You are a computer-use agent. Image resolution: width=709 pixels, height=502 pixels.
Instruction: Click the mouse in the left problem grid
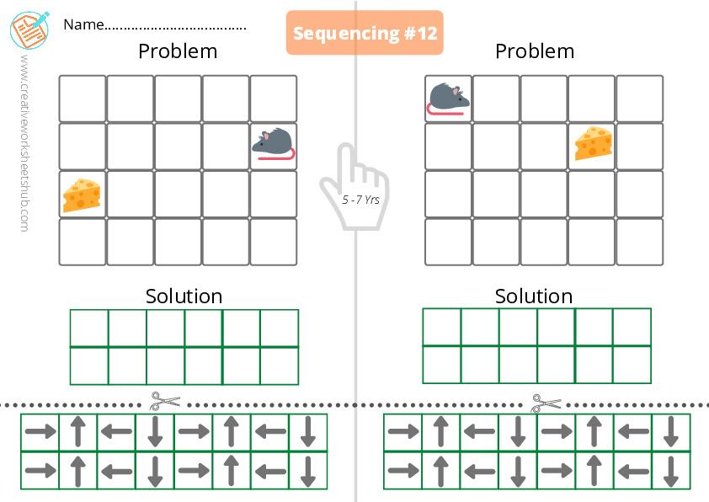(x=274, y=144)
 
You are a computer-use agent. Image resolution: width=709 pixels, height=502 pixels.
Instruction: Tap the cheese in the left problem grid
(x=82, y=195)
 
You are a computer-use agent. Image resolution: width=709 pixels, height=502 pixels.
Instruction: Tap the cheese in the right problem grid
(x=594, y=143)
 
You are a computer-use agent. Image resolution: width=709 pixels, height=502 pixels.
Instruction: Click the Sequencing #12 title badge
(x=365, y=33)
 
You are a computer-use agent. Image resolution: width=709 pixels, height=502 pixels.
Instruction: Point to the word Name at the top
(x=83, y=24)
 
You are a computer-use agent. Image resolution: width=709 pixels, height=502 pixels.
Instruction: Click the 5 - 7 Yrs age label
(x=360, y=200)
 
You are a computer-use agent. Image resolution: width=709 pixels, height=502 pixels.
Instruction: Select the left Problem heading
(x=178, y=51)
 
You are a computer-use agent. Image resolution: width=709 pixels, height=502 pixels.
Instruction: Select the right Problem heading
(x=535, y=51)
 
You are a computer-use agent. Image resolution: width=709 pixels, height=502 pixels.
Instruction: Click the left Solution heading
(x=184, y=296)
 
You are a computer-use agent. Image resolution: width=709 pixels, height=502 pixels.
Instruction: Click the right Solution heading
(x=534, y=296)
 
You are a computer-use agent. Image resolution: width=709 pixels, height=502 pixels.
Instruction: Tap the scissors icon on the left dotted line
(x=164, y=401)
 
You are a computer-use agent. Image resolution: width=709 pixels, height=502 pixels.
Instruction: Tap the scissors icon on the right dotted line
(x=546, y=403)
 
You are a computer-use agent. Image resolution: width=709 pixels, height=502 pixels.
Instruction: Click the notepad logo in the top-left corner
(x=29, y=29)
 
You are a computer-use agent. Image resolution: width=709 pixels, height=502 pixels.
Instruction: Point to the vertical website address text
(x=25, y=143)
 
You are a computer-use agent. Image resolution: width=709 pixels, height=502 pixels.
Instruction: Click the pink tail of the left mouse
(x=277, y=155)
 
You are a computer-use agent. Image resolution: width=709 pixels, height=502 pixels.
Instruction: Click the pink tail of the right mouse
(x=445, y=109)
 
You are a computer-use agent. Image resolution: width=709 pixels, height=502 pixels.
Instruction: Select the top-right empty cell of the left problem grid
(x=274, y=99)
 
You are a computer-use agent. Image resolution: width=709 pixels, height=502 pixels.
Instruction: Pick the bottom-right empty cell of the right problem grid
(x=640, y=242)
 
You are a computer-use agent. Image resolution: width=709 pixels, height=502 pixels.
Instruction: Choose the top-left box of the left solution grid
(x=89, y=328)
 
